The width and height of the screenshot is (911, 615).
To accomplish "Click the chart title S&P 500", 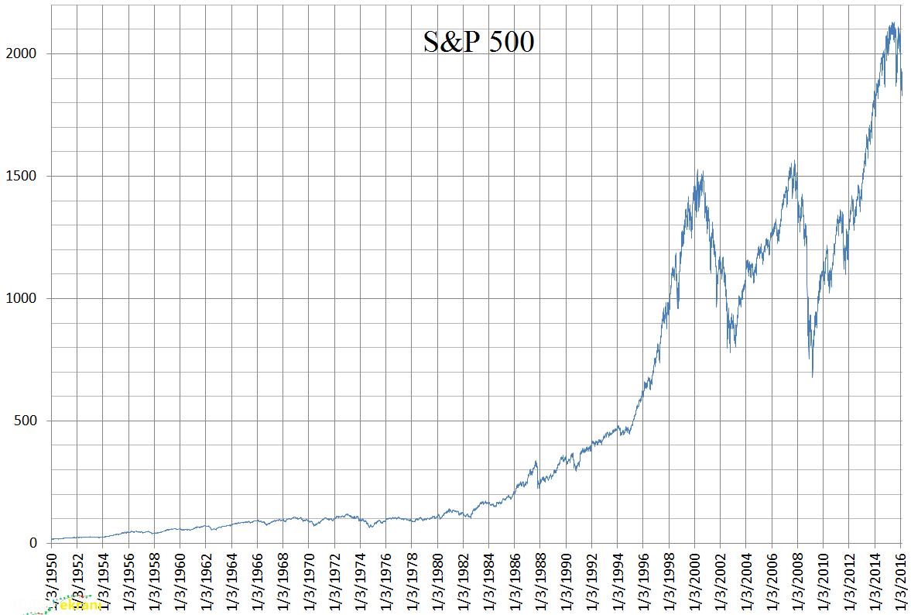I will point(478,42).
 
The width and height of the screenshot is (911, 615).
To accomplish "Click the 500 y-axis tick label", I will point(27,421).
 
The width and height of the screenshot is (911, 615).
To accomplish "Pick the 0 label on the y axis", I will point(33,543).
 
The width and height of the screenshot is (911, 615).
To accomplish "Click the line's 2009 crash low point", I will point(812,376).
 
